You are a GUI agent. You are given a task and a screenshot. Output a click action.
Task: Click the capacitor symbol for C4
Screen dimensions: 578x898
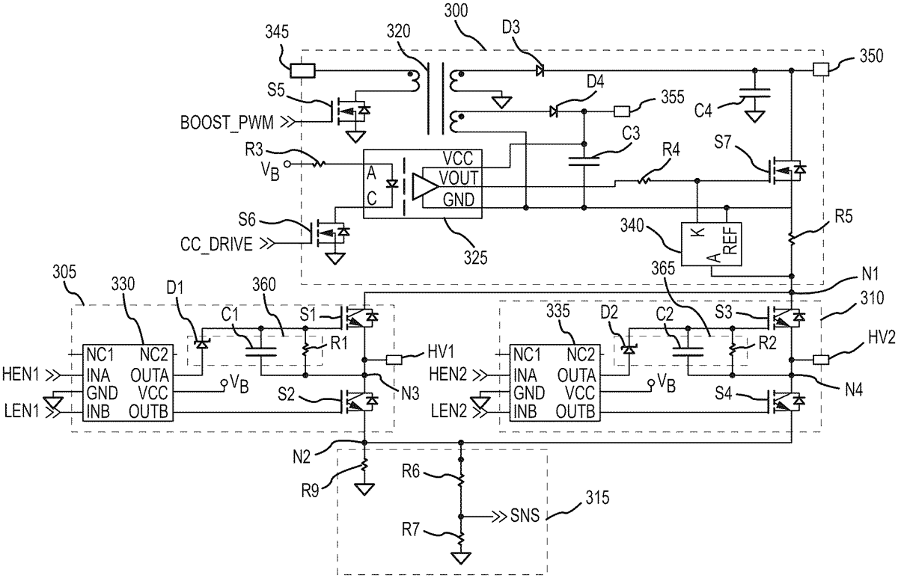[754, 95]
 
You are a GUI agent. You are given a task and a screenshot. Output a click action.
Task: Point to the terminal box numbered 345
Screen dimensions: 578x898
[303, 72]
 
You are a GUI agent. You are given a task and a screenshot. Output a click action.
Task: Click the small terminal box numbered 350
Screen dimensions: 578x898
[819, 72]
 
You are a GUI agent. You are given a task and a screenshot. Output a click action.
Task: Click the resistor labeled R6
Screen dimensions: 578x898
[461, 476]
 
